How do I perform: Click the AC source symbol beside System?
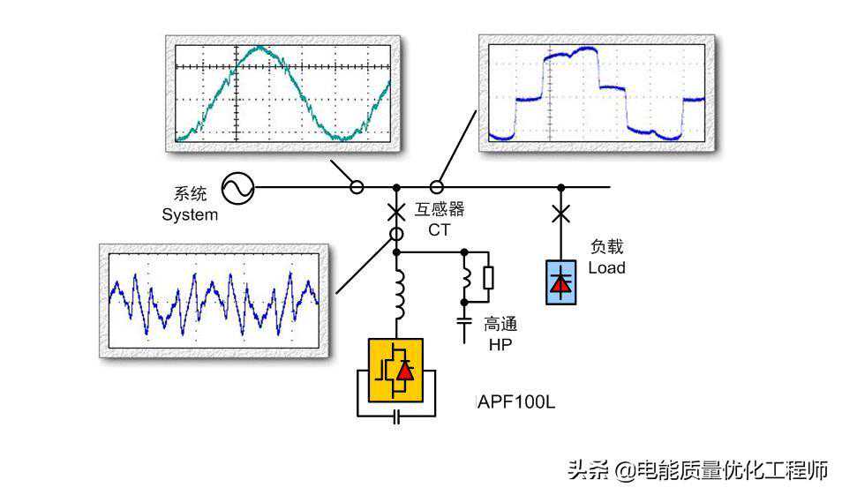(237, 187)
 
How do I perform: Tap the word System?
(190, 214)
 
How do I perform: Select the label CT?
(439, 230)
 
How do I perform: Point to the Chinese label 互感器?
(440, 210)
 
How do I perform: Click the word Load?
(606, 267)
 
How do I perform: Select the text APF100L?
(516, 402)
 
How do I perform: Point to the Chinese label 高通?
(500, 324)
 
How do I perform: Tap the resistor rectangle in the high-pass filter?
(487, 277)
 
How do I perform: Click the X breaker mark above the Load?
(560, 214)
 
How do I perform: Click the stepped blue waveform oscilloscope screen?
(597, 93)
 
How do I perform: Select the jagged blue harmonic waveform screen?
(214, 301)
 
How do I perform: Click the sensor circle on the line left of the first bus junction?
(357, 187)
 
